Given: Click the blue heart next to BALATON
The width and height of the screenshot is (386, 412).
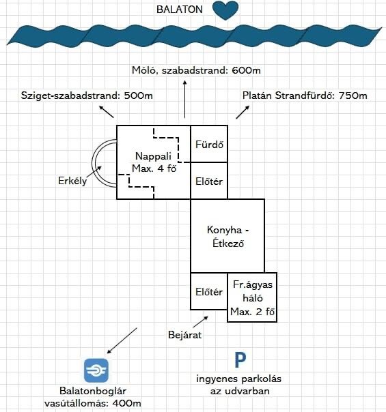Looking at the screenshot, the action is pyautogui.click(x=225, y=10).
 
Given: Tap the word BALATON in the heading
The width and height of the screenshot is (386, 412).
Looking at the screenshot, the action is pyautogui.click(x=180, y=10).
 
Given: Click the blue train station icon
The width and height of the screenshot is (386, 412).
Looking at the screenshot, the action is pyautogui.click(x=96, y=370).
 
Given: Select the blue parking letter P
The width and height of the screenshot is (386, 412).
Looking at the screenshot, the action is pyautogui.click(x=240, y=360).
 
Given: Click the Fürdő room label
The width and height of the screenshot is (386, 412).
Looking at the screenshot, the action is pyautogui.click(x=209, y=144).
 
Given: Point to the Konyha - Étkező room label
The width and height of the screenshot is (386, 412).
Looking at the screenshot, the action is pyautogui.click(x=228, y=237).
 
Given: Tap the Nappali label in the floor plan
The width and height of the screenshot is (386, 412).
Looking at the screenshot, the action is pyautogui.click(x=153, y=156).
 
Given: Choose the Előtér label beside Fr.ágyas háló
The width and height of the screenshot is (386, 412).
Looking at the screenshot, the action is pyautogui.click(x=209, y=292).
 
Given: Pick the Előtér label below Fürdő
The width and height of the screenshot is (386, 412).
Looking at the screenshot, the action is pyautogui.click(x=209, y=181).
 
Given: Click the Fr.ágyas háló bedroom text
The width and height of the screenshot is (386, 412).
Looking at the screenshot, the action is pyautogui.click(x=253, y=291).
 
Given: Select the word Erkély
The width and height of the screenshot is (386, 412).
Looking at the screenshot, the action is pyautogui.click(x=72, y=181).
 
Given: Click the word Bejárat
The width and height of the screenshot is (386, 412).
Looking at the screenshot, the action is pyautogui.click(x=184, y=335).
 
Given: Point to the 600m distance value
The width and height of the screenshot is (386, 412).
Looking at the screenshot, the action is pyautogui.click(x=246, y=70).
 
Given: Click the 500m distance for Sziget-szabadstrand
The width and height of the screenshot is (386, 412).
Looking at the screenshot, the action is pyautogui.click(x=139, y=95).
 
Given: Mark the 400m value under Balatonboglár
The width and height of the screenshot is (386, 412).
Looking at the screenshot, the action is pyautogui.click(x=126, y=403).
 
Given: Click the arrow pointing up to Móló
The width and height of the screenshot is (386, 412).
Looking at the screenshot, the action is pyautogui.click(x=185, y=100).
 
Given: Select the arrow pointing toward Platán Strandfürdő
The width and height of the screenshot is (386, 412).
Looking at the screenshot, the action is pyautogui.click(x=243, y=112).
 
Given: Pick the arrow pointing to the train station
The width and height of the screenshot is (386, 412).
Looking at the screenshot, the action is pyautogui.click(x=122, y=340).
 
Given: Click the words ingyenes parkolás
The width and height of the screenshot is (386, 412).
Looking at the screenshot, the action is pyautogui.click(x=238, y=379).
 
